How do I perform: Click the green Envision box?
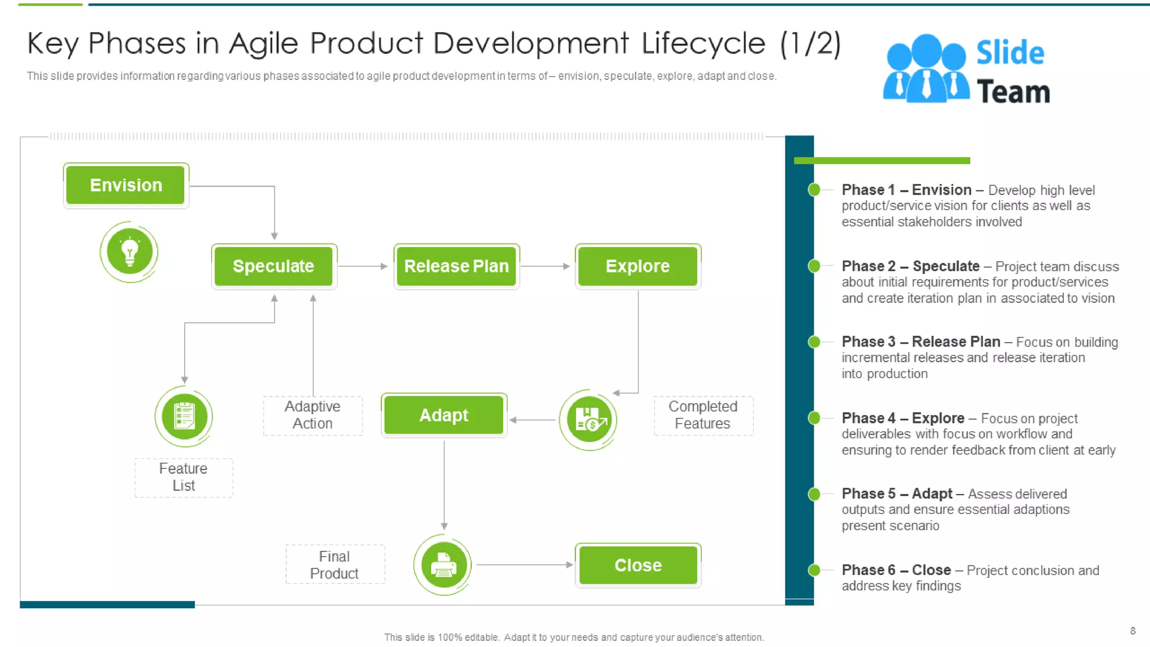[x=126, y=185]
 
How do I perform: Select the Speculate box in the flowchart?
[x=273, y=266]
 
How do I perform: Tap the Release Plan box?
[x=456, y=266]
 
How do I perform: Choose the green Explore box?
[x=637, y=266]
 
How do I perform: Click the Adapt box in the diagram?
[x=444, y=416]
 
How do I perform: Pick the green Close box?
[x=637, y=565]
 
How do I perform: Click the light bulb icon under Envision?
[x=129, y=252]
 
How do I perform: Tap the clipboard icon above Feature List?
[x=184, y=416]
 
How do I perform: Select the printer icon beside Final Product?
[x=443, y=565]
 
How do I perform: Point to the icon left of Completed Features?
[x=588, y=420]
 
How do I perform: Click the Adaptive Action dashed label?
[x=313, y=415]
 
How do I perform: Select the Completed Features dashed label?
[x=702, y=415]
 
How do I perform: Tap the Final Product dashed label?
[x=335, y=564]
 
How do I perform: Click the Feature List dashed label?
[x=184, y=477]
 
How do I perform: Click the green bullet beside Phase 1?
[x=814, y=190]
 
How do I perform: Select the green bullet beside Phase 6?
[x=814, y=570]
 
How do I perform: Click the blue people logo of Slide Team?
[x=926, y=69]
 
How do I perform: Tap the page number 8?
[x=1133, y=631]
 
